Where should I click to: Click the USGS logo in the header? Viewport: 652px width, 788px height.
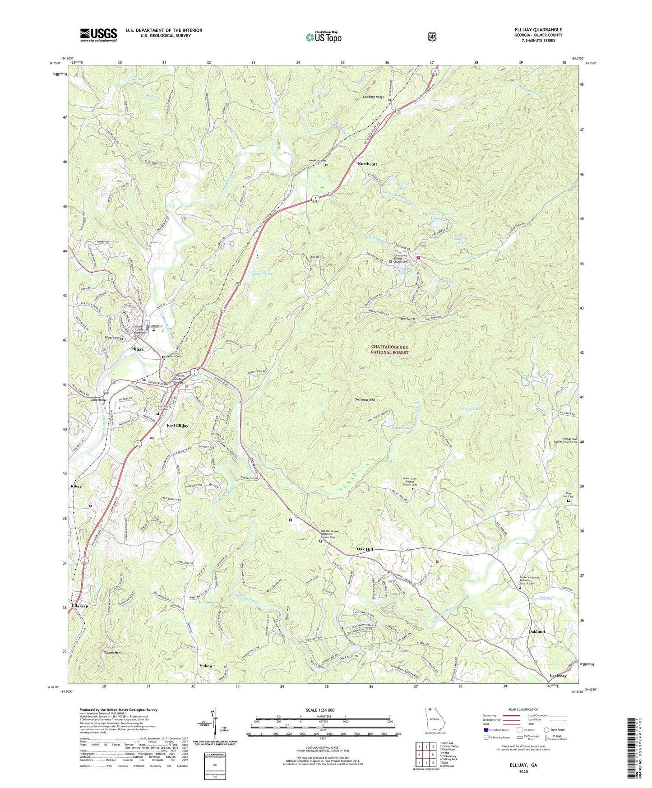(98, 35)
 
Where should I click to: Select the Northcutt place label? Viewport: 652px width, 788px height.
(367, 164)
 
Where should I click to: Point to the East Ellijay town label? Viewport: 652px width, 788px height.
(177, 426)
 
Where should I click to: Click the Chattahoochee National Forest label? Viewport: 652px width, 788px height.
(389, 349)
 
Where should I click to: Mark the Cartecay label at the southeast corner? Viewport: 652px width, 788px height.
(558, 676)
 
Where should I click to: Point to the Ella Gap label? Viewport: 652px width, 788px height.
(80, 606)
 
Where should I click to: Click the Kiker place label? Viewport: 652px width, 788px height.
(76, 486)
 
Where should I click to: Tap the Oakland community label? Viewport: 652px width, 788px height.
(536, 631)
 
